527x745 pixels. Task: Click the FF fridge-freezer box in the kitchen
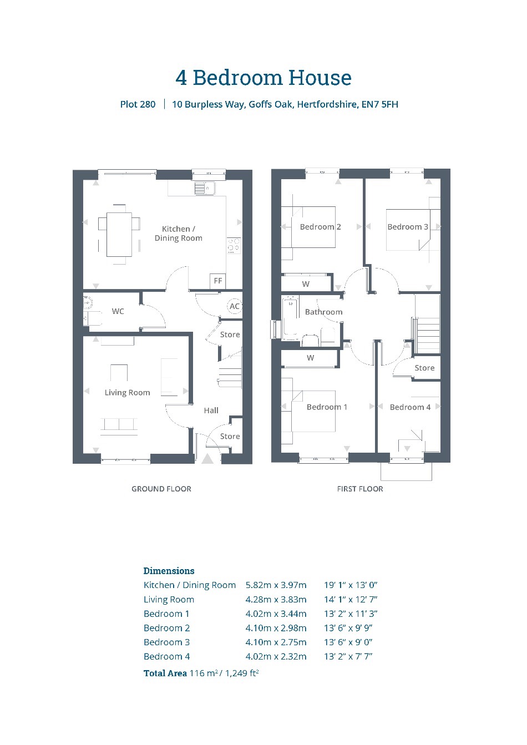(218, 281)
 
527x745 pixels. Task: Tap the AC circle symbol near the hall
(235, 306)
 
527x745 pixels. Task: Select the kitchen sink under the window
(205, 188)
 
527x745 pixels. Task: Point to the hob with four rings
(234, 245)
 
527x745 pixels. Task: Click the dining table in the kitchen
(119, 235)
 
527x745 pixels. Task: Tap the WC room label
(118, 311)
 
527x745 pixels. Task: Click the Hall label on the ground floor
(211, 410)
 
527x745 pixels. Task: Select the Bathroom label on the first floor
(323, 312)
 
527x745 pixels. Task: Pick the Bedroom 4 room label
(410, 407)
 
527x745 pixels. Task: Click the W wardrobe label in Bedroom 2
(306, 284)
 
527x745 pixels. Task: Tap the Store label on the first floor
(424, 368)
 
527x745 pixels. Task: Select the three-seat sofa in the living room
(119, 427)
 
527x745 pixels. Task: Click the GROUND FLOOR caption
(161, 489)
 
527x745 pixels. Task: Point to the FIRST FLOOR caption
(360, 489)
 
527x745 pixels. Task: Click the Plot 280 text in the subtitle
(138, 104)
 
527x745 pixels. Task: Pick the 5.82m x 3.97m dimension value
(276, 585)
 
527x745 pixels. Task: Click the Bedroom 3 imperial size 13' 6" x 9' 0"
(348, 642)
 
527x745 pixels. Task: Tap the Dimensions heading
(169, 571)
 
